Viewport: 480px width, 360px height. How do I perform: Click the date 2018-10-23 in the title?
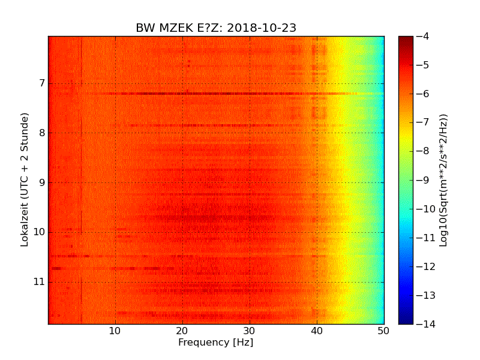[x=262, y=28]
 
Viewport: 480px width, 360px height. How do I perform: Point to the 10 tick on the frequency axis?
[x=115, y=331]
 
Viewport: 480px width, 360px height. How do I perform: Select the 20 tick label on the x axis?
[x=182, y=331]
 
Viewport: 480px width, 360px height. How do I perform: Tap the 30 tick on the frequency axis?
[x=250, y=331]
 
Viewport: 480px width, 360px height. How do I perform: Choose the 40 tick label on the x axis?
[x=317, y=331]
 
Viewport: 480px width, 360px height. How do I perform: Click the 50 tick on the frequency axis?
[x=383, y=331]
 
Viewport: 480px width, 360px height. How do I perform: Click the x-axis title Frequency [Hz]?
[x=215, y=343]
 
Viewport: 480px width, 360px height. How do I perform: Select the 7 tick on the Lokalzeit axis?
[x=41, y=83]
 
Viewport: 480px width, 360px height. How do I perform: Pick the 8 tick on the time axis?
[x=41, y=133]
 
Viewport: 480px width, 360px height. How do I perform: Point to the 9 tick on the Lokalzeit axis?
[x=41, y=182]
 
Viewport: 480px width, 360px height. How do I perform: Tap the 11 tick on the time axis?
[x=38, y=282]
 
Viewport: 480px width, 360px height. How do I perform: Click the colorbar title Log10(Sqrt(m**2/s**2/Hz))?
[x=444, y=180]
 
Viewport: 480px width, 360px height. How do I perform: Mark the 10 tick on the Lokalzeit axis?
[x=38, y=232]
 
